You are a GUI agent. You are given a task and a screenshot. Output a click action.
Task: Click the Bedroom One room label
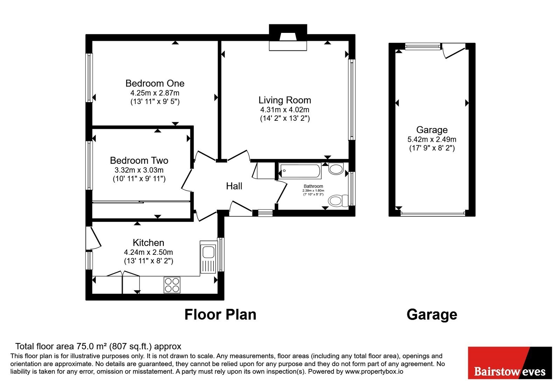click(x=155, y=83)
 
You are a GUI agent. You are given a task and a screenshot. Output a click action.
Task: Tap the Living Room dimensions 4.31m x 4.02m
click(x=285, y=110)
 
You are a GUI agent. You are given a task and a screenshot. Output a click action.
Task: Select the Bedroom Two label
click(x=139, y=160)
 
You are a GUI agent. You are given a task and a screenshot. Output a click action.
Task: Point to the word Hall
click(x=234, y=186)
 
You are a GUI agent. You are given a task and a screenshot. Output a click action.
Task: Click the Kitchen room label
click(x=148, y=243)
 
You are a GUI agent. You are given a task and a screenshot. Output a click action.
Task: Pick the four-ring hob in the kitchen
click(x=172, y=285)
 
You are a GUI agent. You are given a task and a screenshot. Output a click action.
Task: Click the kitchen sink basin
click(x=208, y=252)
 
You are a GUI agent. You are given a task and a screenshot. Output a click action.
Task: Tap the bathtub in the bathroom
click(x=300, y=171)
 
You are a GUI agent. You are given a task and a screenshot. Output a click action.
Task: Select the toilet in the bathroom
click(x=338, y=201)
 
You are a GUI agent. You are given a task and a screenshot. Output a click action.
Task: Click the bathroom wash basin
click(x=336, y=169)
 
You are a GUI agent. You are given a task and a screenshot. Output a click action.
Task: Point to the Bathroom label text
click(x=313, y=186)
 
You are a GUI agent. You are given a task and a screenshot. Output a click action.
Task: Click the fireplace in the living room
click(x=288, y=38)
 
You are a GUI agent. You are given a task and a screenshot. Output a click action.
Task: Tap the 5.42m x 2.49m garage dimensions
click(x=432, y=139)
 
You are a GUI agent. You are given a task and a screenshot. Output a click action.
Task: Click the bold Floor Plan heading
click(x=220, y=315)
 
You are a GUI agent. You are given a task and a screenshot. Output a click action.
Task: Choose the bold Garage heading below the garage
click(x=432, y=315)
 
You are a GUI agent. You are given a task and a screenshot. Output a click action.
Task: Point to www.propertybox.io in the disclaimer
click(x=374, y=371)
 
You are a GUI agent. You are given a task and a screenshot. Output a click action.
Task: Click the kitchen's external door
click(x=93, y=238)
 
